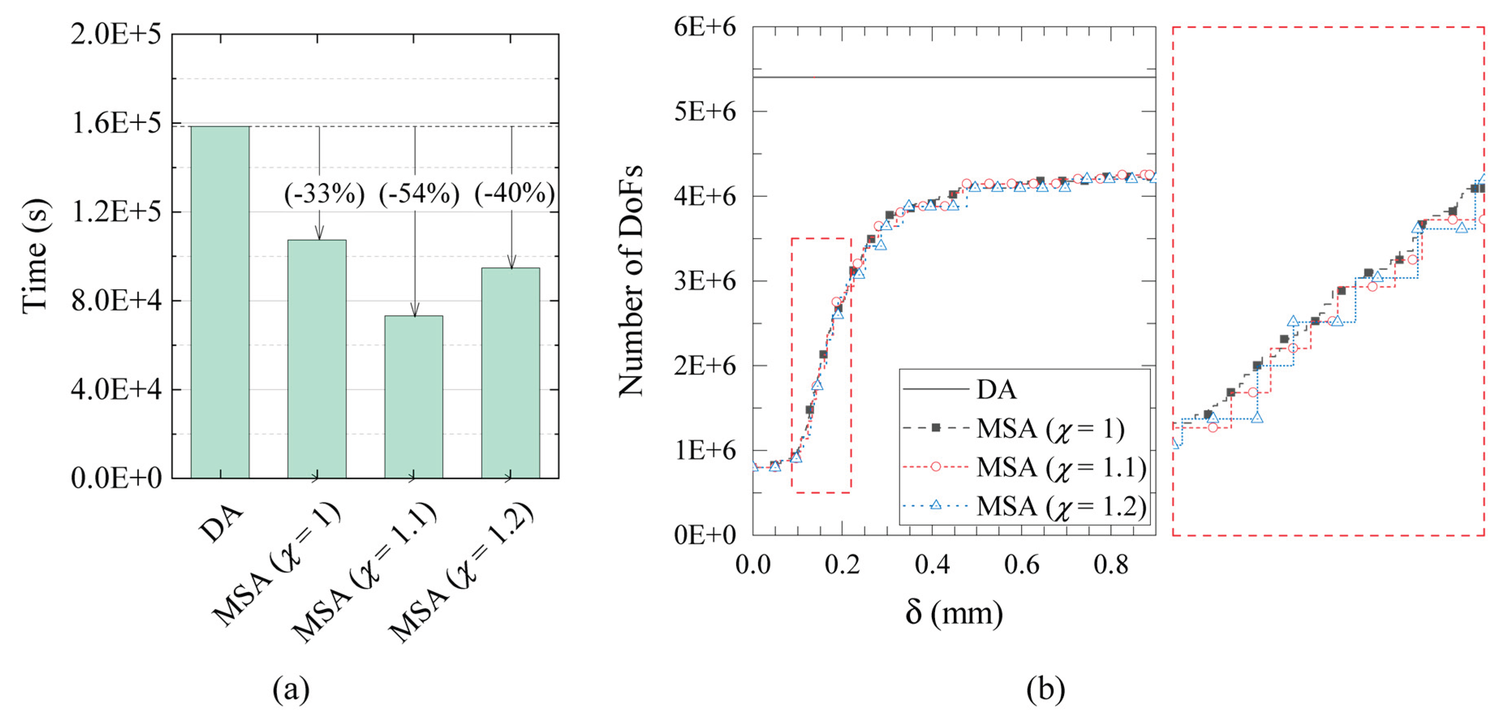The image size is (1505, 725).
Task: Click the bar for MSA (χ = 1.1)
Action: [x=414, y=397]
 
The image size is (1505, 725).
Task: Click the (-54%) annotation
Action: [x=419, y=194]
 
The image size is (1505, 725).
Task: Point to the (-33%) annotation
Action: [x=324, y=194]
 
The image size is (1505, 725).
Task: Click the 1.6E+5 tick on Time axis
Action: [x=116, y=123]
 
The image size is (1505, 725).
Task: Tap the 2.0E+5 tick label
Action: [x=116, y=34]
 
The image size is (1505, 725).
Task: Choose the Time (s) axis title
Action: [x=35, y=256]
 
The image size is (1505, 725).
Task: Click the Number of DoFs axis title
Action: [x=631, y=280]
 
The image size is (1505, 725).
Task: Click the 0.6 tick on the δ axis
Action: [x=1022, y=564]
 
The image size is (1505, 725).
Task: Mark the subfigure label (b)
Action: [x=1045, y=689]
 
